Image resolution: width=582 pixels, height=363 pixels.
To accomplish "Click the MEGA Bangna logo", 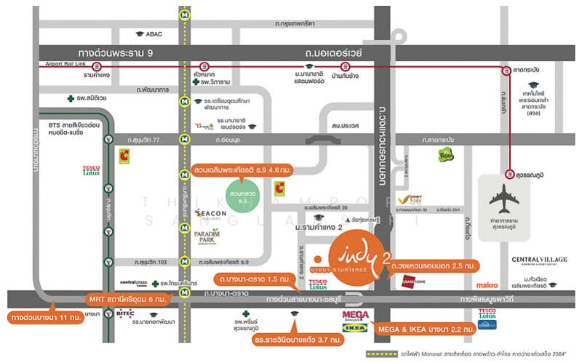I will pos(355,316).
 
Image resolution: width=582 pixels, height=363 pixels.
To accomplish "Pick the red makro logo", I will pos(487,284).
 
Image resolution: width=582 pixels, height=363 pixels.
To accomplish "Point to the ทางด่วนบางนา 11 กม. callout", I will pos(45,318).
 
